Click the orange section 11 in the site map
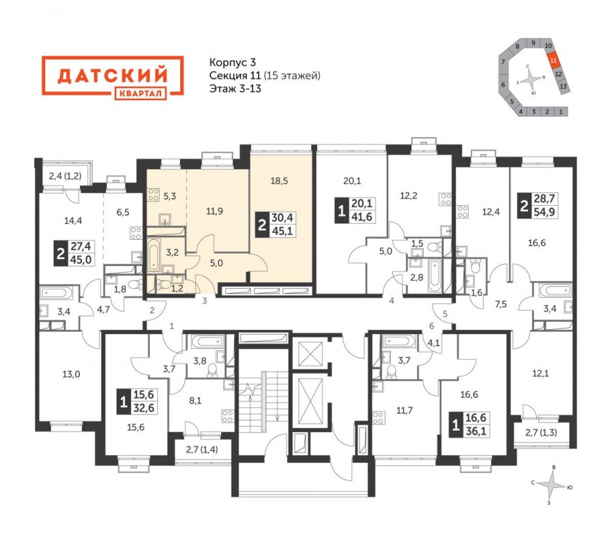553,61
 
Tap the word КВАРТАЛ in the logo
141,93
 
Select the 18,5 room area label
279,181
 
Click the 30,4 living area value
282,217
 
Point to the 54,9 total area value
544,211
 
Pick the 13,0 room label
71,374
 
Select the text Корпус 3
233,62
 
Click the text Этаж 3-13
235,89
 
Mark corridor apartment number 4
392,301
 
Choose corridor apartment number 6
432,326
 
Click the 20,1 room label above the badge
352,181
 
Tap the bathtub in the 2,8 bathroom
435,275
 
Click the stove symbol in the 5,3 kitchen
153,195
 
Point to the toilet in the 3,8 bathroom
213,370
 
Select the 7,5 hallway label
501,304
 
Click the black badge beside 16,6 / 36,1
456,425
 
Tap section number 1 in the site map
561,112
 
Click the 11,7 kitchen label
405,410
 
